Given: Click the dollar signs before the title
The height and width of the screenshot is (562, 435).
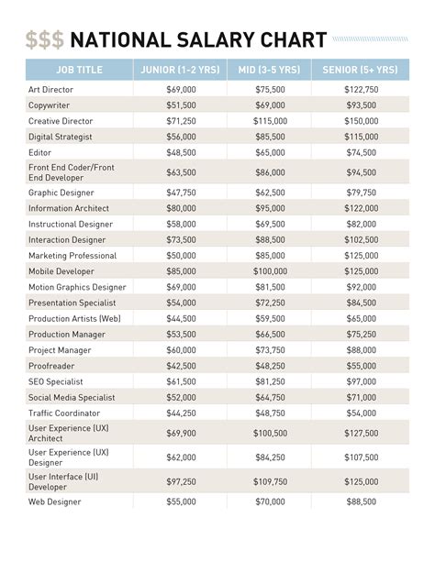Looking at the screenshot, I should coord(44,39).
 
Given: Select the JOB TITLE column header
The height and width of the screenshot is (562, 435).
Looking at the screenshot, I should coord(78,70).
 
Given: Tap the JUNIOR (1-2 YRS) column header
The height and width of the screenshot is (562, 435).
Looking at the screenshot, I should coord(180,70).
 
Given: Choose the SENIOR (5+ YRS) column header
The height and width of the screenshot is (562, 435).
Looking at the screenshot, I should coord(361,70).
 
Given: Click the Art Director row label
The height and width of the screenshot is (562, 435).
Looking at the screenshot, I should coord(51,90).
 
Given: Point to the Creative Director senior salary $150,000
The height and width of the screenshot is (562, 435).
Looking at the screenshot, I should coord(361,121).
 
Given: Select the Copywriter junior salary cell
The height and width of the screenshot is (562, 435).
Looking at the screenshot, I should coord(180,105).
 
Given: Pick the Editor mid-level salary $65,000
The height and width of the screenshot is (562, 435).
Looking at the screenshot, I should coord(269,152).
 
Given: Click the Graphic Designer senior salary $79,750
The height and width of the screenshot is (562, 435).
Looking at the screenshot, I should coord(361,193).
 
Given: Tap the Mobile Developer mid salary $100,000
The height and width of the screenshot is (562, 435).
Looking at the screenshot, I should coord(269,271).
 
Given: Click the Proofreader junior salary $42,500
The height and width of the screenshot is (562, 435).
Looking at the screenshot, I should coord(180,365).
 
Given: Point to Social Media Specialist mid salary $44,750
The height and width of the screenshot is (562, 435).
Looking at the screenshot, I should coord(269,397).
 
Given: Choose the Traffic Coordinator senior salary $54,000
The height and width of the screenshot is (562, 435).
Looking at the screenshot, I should coord(361,413).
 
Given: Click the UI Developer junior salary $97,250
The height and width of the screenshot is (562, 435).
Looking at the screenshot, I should coord(180,481).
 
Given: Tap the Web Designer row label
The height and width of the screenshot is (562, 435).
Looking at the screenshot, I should coord(54,501).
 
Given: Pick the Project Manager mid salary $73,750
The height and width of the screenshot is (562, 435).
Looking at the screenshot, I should coord(269,349).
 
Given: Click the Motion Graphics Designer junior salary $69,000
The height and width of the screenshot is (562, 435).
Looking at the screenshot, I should coord(180,287).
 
